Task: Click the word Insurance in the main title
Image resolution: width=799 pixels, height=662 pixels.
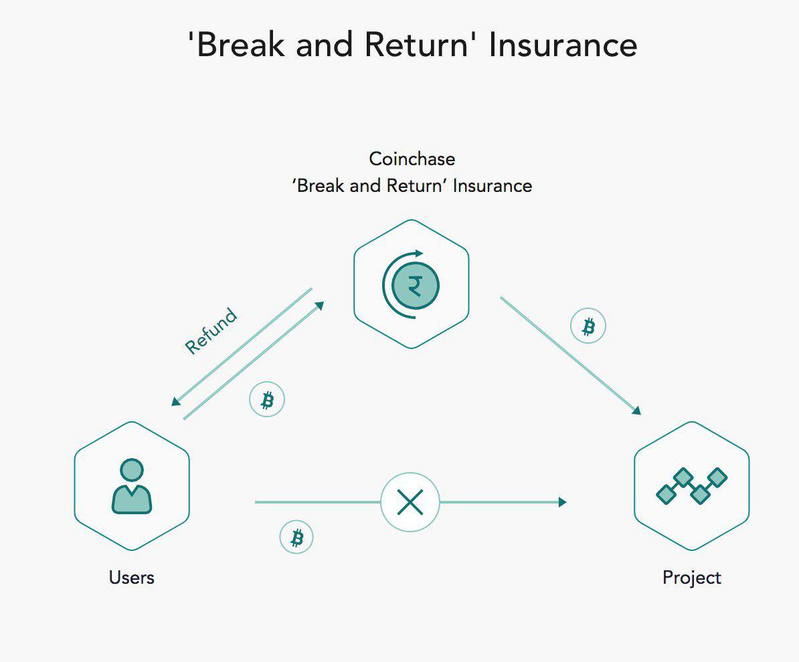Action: click(x=563, y=45)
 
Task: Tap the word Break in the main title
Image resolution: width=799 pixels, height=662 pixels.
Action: click(x=239, y=45)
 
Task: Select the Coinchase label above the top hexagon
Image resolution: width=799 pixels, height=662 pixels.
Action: click(x=412, y=159)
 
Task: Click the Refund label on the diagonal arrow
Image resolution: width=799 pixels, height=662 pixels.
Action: click(x=211, y=331)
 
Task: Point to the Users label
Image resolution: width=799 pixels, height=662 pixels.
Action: click(x=132, y=578)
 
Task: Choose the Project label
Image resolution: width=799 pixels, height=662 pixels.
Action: click(x=692, y=578)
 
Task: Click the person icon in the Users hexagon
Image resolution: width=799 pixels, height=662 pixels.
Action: click(x=132, y=486)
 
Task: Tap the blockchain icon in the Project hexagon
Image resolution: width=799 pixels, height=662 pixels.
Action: click(x=691, y=486)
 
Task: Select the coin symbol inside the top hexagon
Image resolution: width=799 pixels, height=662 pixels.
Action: click(x=415, y=286)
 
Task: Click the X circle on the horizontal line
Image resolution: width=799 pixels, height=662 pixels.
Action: click(x=410, y=502)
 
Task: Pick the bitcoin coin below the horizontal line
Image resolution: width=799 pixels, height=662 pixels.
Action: click(x=296, y=538)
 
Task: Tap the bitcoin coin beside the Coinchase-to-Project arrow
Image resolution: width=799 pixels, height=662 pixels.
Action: click(x=588, y=326)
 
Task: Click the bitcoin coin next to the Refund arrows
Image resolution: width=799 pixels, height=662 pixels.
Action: click(x=267, y=400)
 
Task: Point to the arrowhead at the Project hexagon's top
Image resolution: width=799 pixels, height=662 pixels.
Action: click(x=636, y=411)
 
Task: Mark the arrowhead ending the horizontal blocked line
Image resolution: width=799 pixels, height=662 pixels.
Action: click(x=562, y=502)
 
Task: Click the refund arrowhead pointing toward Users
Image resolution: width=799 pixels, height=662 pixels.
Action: click(x=176, y=401)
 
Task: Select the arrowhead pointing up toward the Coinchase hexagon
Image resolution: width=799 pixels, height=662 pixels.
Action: click(x=319, y=306)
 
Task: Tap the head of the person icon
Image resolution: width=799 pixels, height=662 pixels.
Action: click(x=132, y=469)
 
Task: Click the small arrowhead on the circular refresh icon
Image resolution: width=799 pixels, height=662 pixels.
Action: click(x=420, y=253)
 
